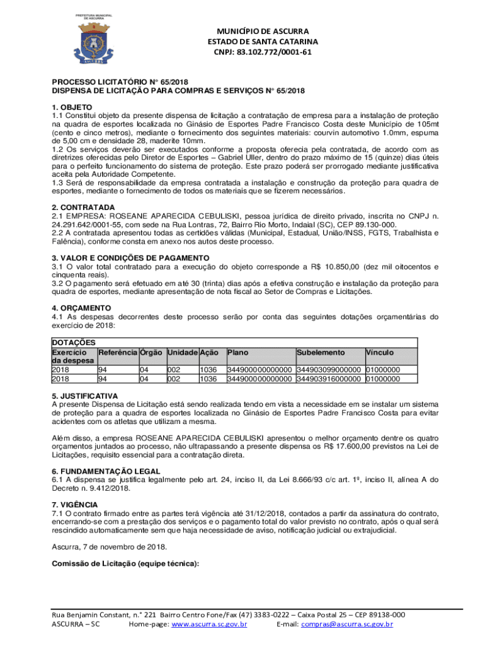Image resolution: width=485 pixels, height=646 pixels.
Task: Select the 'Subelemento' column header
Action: coord(321,352)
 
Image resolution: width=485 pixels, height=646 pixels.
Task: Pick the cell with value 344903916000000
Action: coord(329,379)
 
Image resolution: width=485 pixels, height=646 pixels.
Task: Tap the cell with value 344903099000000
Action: coord(329,370)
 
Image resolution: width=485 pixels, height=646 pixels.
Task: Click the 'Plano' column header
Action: coord(237,352)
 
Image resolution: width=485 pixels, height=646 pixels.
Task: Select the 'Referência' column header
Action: coord(118,352)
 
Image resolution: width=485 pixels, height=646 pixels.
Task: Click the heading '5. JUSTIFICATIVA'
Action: coord(84,396)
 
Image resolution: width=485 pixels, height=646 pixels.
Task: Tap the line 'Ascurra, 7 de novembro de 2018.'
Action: coord(109,548)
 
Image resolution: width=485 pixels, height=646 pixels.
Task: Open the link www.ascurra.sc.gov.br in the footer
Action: coord(209,624)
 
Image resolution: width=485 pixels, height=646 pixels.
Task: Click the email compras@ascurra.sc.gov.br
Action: coord(346,624)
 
